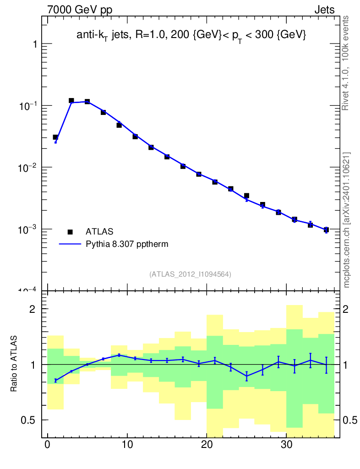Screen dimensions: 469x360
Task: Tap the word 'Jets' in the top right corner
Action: click(324, 10)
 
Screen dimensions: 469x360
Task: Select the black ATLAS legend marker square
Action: click(70, 232)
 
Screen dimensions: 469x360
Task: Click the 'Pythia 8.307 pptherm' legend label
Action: click(127, 244)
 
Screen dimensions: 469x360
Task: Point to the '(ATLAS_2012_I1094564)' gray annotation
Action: click(190, 274)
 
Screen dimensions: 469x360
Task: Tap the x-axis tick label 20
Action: click(207, 445)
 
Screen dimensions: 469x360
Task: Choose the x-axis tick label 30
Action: click(287, 445)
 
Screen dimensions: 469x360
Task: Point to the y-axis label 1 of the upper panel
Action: click(34, 44)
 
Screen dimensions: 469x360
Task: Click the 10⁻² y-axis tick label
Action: click(27, 167)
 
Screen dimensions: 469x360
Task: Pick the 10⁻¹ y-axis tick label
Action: click(27, 105)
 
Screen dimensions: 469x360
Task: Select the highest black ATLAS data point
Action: click(71, 100)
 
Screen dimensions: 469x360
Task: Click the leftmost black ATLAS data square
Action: click(55, 137)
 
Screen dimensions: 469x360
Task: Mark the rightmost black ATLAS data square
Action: click(326, 229)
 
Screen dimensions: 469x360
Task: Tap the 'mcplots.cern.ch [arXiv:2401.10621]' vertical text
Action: click(347, 220)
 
